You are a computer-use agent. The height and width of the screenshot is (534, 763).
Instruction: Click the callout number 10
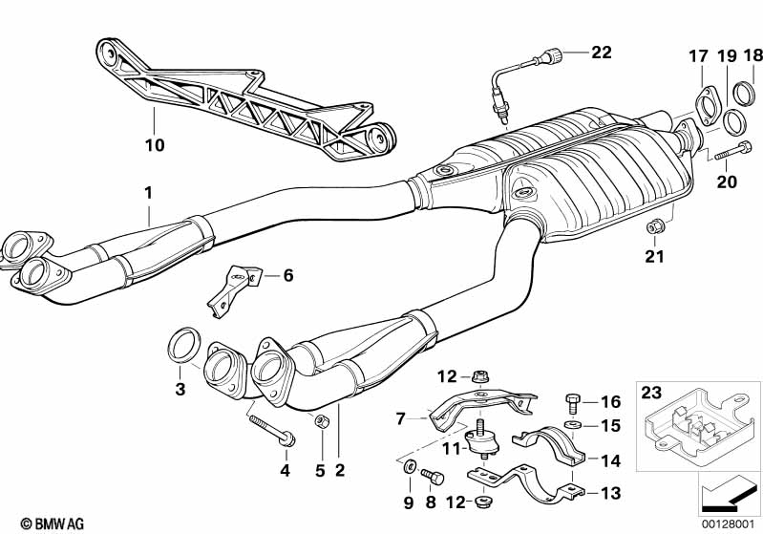(155, 145)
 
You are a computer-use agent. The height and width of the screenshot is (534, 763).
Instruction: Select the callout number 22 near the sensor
(602, 53)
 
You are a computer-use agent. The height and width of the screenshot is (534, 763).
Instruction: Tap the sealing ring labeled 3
(184, 345)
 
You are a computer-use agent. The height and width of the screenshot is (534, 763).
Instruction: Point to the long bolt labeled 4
(272, 430)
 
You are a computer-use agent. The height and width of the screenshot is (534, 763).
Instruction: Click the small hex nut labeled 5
(321, 421)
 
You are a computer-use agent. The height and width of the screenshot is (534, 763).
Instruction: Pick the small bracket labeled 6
(234, 290)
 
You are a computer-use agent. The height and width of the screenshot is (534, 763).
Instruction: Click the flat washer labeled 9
(410, 466)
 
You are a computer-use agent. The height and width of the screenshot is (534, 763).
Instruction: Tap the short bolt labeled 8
(433, 476)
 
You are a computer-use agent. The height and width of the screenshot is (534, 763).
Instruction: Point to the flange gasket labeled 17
(705, 108)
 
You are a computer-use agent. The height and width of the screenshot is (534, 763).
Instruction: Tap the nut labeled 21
(654, 225)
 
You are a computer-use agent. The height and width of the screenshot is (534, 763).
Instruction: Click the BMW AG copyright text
(53, 523)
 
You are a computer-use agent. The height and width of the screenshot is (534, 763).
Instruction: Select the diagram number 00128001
(729, 523)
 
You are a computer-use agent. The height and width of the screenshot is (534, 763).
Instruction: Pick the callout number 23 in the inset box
(651, 392)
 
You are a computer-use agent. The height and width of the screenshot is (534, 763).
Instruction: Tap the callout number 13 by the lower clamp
(611, 493)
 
